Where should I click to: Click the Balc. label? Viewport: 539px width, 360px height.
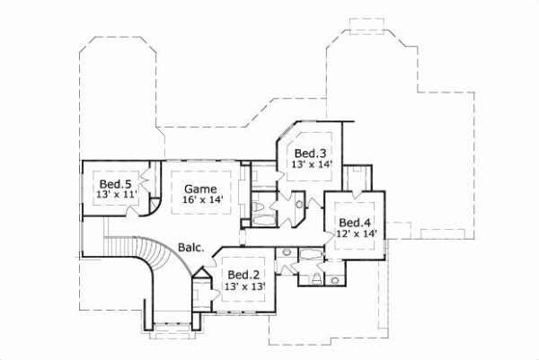[190, 246]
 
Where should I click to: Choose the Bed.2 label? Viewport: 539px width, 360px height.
[243, 275]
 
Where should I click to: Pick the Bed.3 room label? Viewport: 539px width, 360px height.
[309, 154]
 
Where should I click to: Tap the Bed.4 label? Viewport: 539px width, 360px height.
[355, 223]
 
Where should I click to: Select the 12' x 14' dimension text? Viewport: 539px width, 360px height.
[355, 234]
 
